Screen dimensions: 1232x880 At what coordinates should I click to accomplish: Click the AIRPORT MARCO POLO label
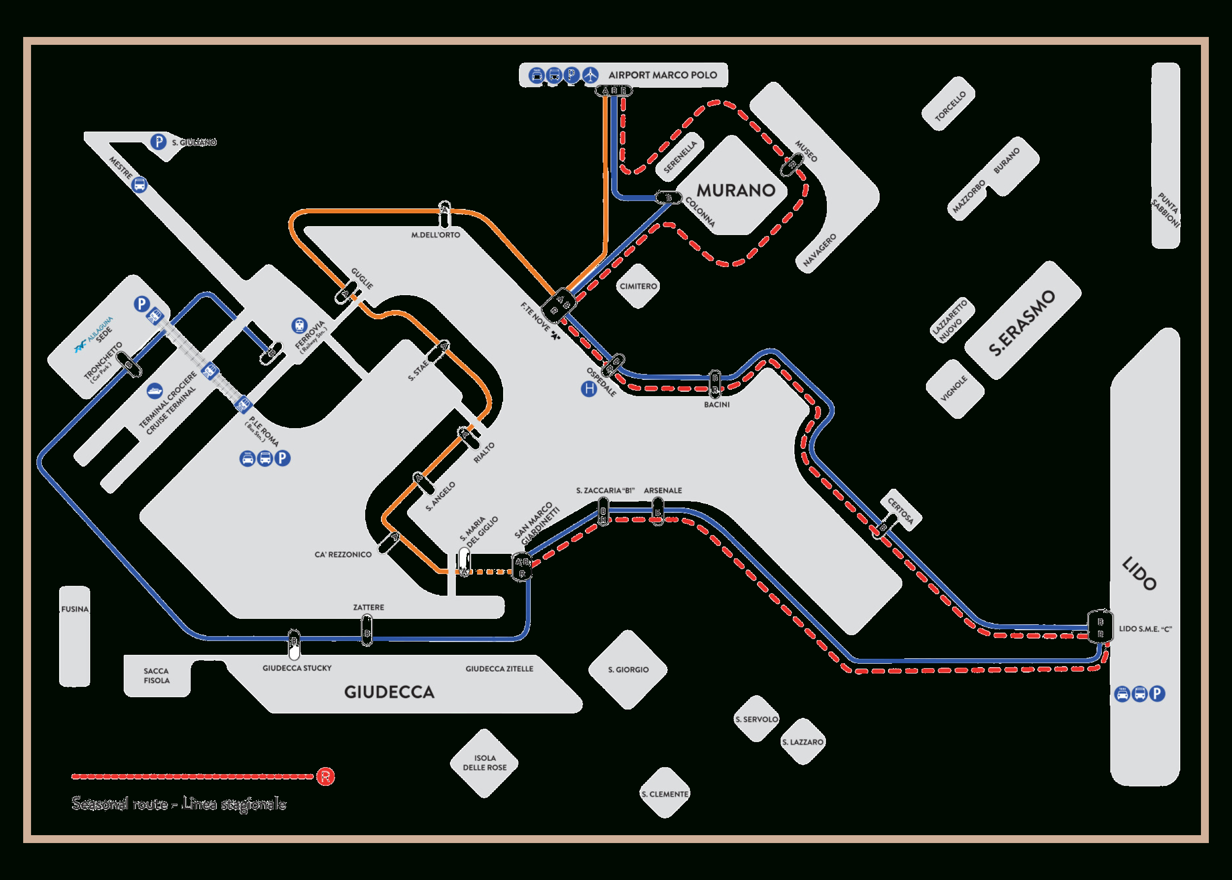click(x=662, y=75)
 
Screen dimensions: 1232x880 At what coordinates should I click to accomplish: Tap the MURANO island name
click(x=736, y=190)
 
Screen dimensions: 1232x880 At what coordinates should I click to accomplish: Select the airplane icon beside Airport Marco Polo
click(x=590, y=75)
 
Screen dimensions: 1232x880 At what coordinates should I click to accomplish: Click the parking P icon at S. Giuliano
click(x=158, y=142)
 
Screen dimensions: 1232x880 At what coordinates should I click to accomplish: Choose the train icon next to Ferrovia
click(x=299, y=325)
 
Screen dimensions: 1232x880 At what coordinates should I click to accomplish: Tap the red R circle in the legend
click(x=325, y=776)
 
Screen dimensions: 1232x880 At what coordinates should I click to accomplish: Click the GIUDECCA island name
click(x=389, y=692)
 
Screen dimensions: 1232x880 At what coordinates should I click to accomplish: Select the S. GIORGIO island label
click(x=628, y=670)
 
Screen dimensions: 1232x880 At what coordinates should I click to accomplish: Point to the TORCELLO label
click(x=950, y=105)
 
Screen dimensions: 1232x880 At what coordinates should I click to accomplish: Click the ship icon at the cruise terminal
click(x=154, y=390)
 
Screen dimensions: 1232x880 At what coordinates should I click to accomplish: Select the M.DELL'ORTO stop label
click(x=435, y=235)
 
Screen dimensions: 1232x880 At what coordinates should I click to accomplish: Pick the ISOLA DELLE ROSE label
click(x=484, y=762)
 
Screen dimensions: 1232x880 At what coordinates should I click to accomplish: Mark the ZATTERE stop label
click(x=369, y=608)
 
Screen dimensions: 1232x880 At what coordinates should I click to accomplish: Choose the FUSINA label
click(x=75, y=609)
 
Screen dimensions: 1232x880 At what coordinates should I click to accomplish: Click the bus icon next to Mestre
click(x=140, y=184)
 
